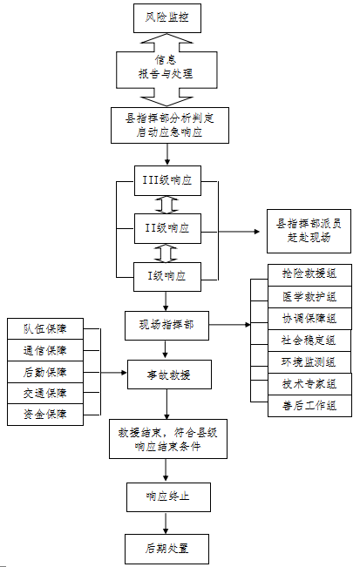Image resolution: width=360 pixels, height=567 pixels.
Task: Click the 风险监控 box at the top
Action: [x=167, y=18]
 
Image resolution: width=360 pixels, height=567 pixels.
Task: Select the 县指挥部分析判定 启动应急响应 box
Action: [x=170, y=125]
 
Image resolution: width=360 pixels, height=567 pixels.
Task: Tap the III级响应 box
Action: [x=167, y=181]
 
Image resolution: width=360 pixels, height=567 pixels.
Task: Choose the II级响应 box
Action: [x=167, y=228]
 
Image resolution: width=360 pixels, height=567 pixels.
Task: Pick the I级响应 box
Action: [x=167, y=277]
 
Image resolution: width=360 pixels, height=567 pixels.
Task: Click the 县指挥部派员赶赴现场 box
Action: [x=309, y=231]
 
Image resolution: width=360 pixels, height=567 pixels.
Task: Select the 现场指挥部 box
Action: [x=166, y=325]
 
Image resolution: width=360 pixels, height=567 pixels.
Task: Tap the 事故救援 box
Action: [x=169, y=375]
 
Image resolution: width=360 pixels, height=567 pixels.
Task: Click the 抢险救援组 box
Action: [x=309, y=275]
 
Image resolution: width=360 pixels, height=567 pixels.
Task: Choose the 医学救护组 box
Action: [x=309, y=297]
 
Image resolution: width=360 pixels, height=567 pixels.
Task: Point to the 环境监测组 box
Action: [x=309, y=362]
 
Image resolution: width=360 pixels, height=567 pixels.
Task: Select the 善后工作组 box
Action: [x=309, y=406]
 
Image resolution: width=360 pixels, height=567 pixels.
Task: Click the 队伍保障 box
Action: [x=45, y=328]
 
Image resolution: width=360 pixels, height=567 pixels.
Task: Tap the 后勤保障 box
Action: [x=45, y=371]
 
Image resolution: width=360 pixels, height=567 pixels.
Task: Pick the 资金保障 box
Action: [x=45, y=415]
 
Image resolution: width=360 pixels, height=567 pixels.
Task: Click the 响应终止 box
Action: [x=168, y=496]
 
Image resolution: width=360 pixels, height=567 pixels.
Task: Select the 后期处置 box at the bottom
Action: [x=166, y=549]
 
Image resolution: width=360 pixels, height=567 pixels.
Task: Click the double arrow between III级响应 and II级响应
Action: [x=166, y=205]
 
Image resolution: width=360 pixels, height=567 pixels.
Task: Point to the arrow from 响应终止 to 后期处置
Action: [x=166, y=523]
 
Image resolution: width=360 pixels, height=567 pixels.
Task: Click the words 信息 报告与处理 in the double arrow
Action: [x=166, y=67]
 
